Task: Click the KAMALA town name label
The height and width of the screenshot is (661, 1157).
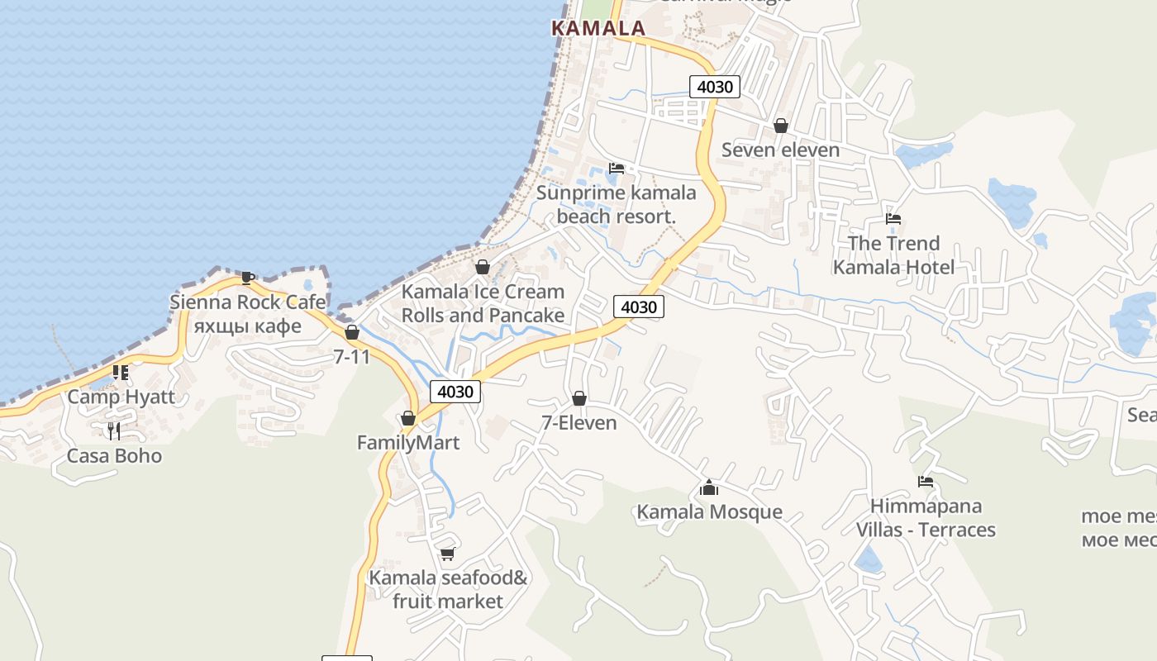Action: (x=598, y=28)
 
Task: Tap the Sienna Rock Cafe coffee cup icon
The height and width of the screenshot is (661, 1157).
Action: (x=247, y=278)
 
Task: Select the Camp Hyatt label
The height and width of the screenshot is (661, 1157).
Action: (x=121, y=397)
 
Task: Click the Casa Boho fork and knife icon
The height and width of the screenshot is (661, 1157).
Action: (x=114, y=430)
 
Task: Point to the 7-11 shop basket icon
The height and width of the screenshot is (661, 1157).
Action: (x=352, y=333)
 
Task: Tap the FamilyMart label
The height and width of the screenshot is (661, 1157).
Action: (x=407, y=443)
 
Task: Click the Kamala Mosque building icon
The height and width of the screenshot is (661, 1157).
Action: (x=708, y=487)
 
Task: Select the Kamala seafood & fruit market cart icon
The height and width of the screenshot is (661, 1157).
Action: (x=447, y=554)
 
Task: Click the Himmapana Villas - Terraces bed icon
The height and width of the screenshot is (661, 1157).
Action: (x=925, y=482)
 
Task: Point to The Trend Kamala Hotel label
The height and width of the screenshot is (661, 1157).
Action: (x=893, y=255)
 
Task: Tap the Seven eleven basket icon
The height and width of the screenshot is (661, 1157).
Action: (x=780, y=126)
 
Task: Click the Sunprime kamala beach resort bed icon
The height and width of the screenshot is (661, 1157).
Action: (x=616, y=169)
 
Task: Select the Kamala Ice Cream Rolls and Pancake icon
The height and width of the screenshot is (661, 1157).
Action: (x=483, y=267)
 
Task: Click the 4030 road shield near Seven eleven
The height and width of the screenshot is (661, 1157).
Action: (x=714, y=87)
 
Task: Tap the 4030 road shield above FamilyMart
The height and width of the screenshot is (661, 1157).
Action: (x=455, y=392)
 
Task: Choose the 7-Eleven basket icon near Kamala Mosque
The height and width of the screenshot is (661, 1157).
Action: (x=579, y=399)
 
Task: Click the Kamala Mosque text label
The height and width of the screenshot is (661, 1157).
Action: (x=709, y=512)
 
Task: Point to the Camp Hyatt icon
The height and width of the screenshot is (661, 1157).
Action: (x=121, y=373)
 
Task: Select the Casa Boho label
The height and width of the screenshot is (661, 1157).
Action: (x=114, y=456)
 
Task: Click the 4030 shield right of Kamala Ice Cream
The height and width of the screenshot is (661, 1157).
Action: (x=638, y=307)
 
